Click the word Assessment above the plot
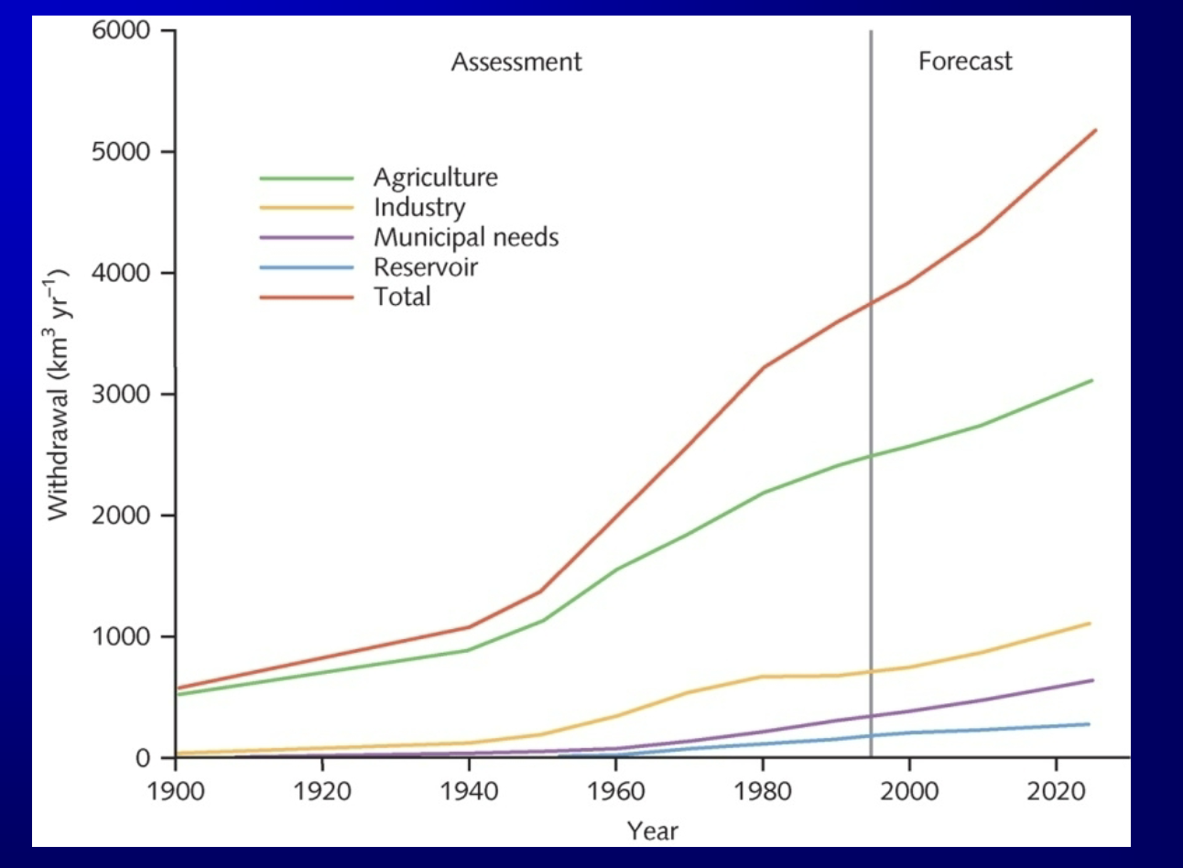pyautogui.click(x=516, y=62)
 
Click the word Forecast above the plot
pyautogui.click(x=965, y=62)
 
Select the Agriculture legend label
pyautogui.click(x=435, y=178)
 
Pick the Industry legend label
pyautogui.click(x=419, y=208)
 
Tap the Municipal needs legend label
pyautogui.click(x=465, y=238)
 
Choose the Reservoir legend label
pyautogui.click(x=425, y=267)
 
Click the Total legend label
pyautogui.click(x=402, y=297)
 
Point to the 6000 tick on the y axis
pyautogui.click(x=121, y=30)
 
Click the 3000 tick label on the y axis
pyautogui.click(x=121, y=394)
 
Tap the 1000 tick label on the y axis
pyautogui.click(x=121, y=636)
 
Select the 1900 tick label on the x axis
pyautogui.click(x=176, y=790)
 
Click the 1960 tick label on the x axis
pyautogui.click(x=616, y=790)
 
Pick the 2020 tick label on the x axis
pyautogui.click(x=1056, y=790)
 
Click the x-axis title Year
pyautogui.click(x=652, y=830)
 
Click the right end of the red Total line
pyautogui.click(x=1094, y=131)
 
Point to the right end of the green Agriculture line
pyautogui.click(x=1091, y=381)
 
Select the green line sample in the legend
pyautogui.click(x=307, y=179)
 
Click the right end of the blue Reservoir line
pyautogui.click(x=1088, y=724)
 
